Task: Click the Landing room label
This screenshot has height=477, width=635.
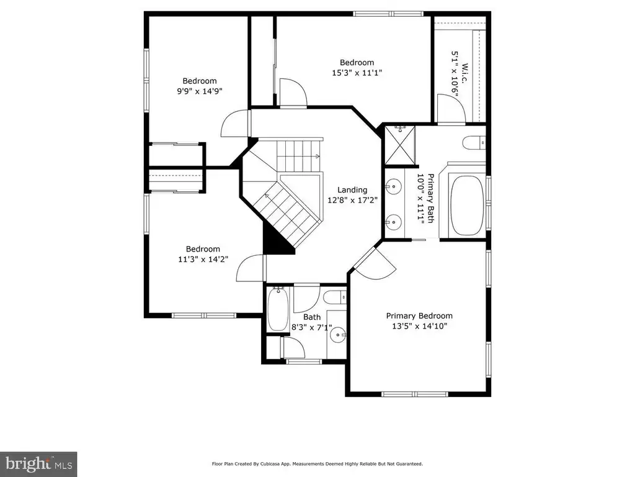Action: (352, 190)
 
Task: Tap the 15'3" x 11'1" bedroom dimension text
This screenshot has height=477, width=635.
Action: (357, 73)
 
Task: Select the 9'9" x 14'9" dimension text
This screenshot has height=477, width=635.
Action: (200, 91)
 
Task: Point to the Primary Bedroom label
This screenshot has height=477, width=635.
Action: (419, 316)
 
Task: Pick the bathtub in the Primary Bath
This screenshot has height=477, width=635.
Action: (467, 205)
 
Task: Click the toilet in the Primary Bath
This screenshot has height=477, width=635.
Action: (474, 143)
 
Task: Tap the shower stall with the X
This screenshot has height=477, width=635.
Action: (400, 145)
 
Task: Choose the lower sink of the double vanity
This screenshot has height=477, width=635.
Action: (393, 222)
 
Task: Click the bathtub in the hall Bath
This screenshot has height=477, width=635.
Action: (278, 309)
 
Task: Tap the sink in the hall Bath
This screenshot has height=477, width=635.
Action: (338, 335)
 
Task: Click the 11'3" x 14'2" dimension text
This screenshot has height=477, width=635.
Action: (203, 259)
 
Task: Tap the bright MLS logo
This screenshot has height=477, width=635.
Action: (38, 464)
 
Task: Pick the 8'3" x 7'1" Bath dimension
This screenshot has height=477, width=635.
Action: (312, 327)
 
